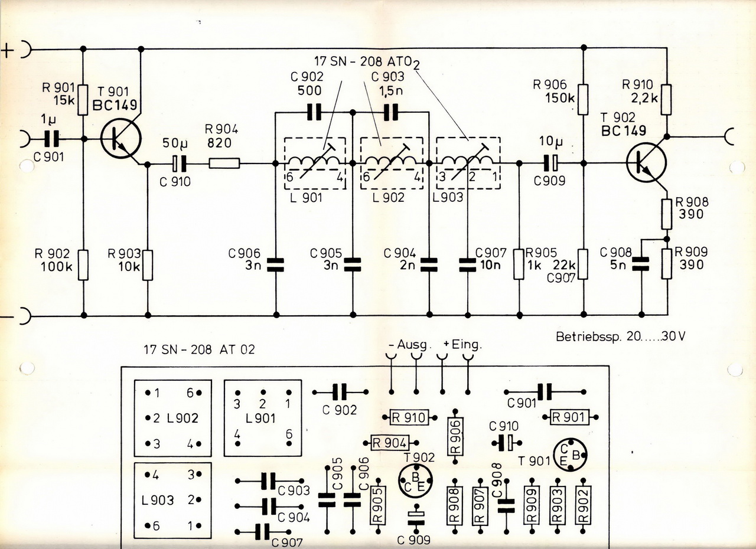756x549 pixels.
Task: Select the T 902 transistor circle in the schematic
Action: [646, 162]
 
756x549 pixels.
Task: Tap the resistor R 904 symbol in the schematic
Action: [224, 163]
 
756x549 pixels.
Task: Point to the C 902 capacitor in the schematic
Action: [315, 112]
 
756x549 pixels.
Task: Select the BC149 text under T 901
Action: [115, 106]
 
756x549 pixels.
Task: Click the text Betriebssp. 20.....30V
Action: [621, 337]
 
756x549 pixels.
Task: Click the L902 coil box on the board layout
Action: [172, 418]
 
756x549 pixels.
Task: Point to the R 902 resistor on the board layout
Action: [584, 504]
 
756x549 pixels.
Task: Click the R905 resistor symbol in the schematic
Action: [519, 264]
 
